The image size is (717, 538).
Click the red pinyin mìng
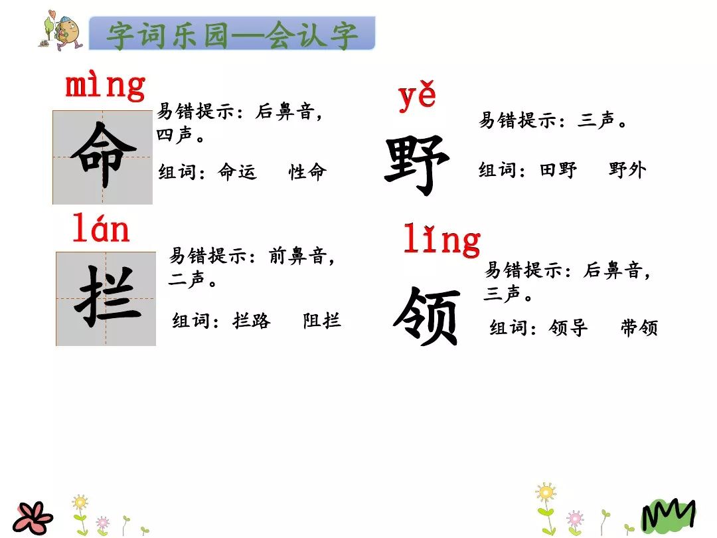coord(105,86)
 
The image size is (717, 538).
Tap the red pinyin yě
coord(417,97)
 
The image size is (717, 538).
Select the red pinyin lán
coord(101,230)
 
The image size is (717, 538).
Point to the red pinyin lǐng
coord(441,240)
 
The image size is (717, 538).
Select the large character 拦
coord(106,298)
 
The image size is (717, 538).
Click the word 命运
coord(237,173)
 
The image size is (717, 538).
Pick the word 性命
coord(308,173)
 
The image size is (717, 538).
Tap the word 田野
coord(558,170)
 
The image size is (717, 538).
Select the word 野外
coord(627,170)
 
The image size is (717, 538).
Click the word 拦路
coord(252,321)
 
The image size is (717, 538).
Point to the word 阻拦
coord(322,321)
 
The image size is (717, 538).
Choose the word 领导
coord(569,328)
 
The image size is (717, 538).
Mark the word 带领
coord(639,328)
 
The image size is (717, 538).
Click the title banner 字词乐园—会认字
coord(232,34)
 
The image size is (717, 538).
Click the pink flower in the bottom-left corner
coord(34,517)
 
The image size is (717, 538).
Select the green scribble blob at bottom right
coord(667,515)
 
